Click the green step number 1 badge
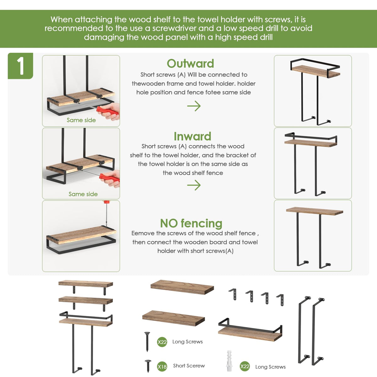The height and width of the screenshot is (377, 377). coord(20,66)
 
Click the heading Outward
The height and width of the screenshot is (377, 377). coord(190,63)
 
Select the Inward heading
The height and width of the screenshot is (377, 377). coord(193,136)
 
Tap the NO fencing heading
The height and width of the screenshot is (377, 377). coord(191,223)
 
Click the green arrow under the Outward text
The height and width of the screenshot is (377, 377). coord(194,106)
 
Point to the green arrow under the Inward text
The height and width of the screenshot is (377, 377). coord(194,185)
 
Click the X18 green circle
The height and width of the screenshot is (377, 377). coord(162,366)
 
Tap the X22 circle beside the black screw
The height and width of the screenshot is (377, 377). coord(162,342)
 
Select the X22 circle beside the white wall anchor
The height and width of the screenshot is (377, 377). coord(244,366)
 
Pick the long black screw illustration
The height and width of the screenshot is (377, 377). coord(147,341)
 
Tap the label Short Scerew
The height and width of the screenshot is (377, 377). coord(189,366)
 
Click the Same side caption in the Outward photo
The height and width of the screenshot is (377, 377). coord(81,120)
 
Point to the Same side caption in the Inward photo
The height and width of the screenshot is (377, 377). coord(83,194)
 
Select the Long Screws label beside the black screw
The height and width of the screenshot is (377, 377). coord(188,341)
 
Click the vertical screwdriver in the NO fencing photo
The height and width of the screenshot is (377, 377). coord(107,214)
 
